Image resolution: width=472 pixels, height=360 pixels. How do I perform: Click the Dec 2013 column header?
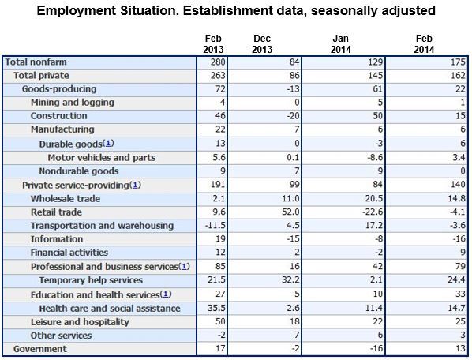262,44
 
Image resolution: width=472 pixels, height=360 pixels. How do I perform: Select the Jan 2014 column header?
341,44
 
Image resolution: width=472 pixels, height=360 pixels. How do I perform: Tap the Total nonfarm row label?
36,62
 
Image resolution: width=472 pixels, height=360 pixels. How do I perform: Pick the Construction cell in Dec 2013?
293,116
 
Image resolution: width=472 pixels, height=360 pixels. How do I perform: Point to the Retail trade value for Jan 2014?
373,212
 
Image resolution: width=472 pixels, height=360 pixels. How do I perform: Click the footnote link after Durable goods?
108,143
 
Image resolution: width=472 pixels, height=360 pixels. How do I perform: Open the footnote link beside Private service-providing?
135,185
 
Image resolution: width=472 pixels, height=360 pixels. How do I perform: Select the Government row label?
40,349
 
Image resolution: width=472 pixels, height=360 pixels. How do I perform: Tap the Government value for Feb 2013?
220,349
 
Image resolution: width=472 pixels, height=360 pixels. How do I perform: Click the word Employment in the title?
76,11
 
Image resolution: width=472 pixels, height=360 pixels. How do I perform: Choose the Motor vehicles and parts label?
102,157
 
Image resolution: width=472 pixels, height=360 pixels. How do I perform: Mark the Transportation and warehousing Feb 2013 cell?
215,226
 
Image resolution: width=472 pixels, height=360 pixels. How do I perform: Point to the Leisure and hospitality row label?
80,322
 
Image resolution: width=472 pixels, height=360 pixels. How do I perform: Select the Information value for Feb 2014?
459,239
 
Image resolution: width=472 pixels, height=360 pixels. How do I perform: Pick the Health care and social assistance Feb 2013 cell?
216,308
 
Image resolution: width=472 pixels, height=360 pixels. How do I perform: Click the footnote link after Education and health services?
166,294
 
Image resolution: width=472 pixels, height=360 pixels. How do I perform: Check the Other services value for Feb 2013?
221,335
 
